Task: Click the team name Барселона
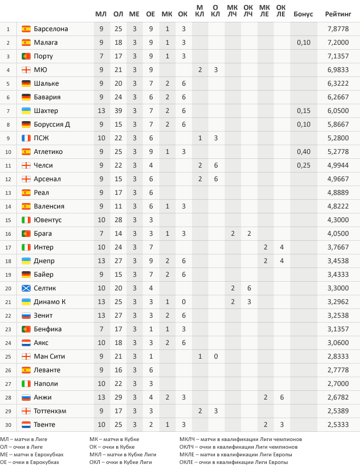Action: [x=51, y=29]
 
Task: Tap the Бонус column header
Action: [x=303, y=14]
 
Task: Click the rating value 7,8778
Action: [x=338, y=29]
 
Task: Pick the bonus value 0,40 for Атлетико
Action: [x=303, y=152]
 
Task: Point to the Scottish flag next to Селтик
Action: [x=26, y=288]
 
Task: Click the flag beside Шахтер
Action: [x=26, y=111]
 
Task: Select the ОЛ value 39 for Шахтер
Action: [x=118, y=111]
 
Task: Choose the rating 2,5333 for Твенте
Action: [x=338, y=425]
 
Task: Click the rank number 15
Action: [x=8, y=220]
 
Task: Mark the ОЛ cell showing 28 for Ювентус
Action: [x=118, y=220]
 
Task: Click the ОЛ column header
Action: [x=118, y=14]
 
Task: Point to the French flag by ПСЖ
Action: [x=26, y=138]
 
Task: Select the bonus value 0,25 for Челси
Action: [x=303, y=165]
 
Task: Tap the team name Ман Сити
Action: [x=49, y=356]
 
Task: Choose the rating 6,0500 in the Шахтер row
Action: [x=338, y=111]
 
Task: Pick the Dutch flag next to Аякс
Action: [x=26, y=343]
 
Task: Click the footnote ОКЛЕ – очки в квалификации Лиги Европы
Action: [x=233, y=462]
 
